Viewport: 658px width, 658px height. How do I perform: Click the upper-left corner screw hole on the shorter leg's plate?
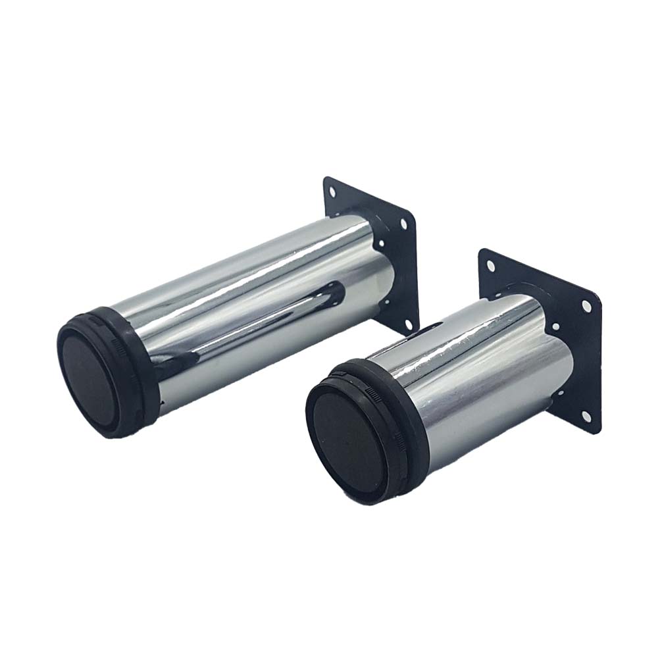tap(490, 266)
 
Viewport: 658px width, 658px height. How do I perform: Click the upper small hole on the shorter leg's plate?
tap(557, 326)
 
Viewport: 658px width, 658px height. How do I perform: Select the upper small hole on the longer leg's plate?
tap(382, 247)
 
